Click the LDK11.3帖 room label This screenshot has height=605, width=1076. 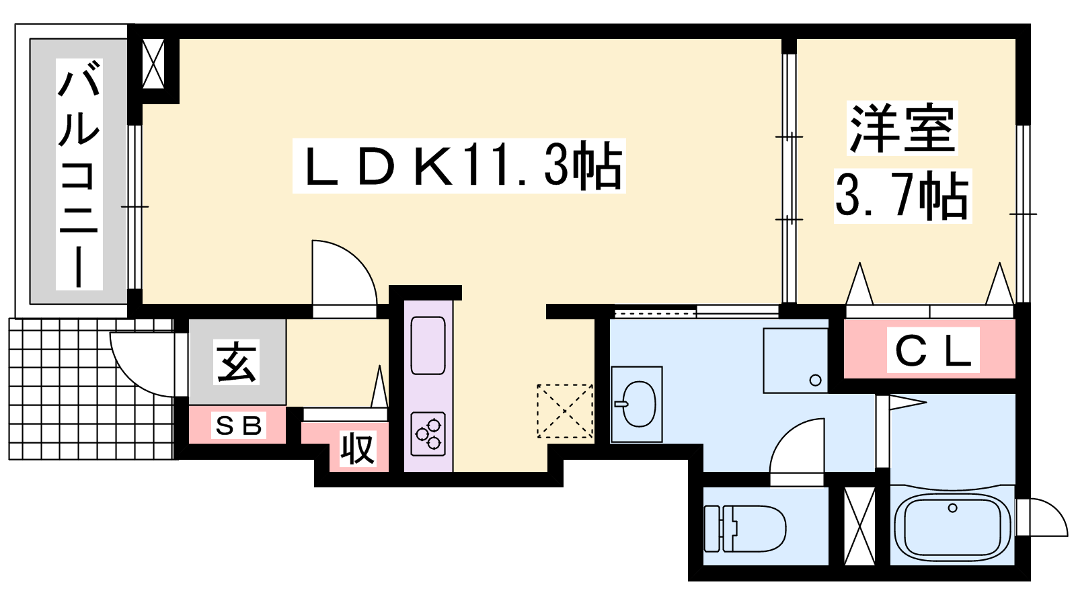(459, 165)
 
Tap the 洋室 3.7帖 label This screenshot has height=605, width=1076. (902, 162)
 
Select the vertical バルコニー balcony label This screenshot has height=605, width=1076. (79, 174)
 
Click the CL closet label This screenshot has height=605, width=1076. (933, 350)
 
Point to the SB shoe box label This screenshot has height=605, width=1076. (239, 426)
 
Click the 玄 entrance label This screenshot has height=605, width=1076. (237, 362)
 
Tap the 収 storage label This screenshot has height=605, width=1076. (358, 449)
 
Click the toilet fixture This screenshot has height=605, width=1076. (744, 528)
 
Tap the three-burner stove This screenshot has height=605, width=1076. (428, 434)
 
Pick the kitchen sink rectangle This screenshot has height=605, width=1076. (428, 346)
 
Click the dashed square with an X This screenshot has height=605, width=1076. (564, 411)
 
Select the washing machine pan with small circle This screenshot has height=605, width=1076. (796, 360)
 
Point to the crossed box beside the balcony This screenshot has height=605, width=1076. (154, 64)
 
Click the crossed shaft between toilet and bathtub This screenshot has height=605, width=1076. (859, 526)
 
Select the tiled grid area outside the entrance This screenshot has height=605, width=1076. (91, 389)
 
